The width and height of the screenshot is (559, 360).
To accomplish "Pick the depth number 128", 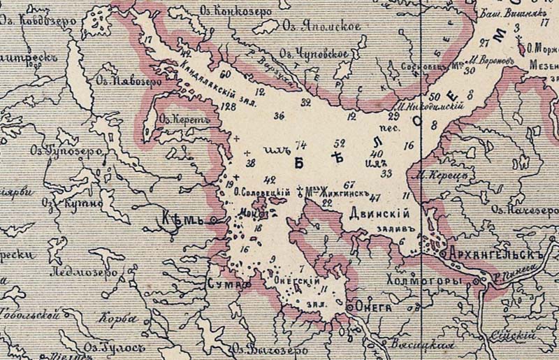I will [228, 106].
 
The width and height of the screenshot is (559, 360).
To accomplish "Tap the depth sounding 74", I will [301, 145].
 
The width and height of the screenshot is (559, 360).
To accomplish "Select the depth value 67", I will [350, 184].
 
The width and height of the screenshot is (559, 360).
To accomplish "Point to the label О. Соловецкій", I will [261, 192].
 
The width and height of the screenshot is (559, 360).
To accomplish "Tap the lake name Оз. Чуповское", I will [314, 54].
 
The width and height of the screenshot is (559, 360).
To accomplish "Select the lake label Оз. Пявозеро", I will [129, 82].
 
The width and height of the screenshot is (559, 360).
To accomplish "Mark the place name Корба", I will [117, 319].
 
